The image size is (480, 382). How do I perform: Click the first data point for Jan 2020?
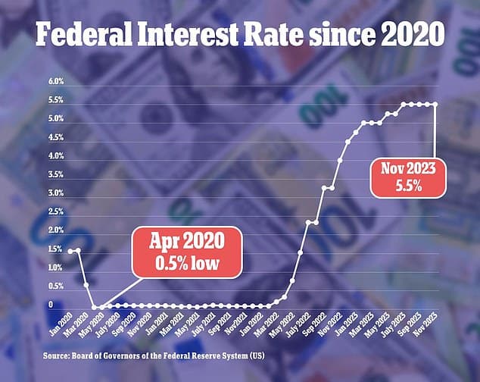click(x=70, y=251)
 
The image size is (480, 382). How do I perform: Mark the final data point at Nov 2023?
click(x=435, y=104)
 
